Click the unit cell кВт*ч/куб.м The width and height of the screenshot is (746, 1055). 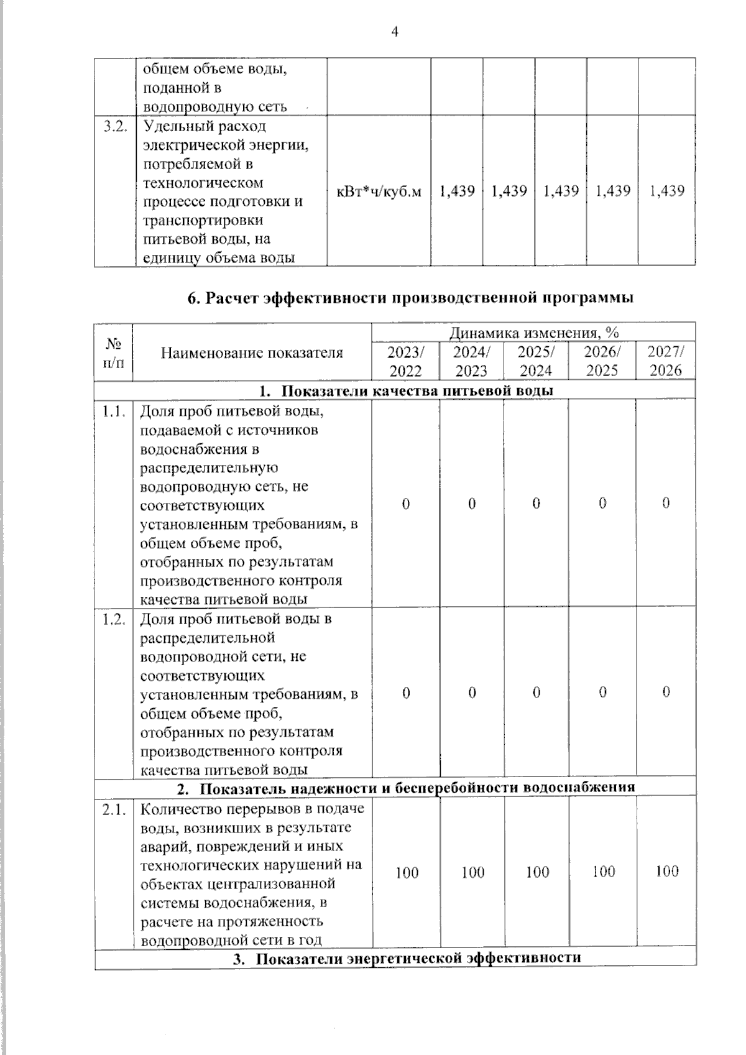click(379, 191)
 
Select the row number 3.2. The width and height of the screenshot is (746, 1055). click(114, 126)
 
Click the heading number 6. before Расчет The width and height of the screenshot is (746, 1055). click(193, 298)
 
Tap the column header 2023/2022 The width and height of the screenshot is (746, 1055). click(405, 361)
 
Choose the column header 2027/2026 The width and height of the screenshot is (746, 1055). click(665, 361)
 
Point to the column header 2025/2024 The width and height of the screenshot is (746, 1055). click(536, 361)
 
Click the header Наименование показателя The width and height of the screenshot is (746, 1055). click(252, 353)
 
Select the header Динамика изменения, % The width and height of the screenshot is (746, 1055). click(533, 333)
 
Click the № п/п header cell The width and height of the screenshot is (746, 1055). click(113, 352)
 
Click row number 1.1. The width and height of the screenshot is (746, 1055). click(114, 411)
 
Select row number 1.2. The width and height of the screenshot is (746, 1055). click(114, 619)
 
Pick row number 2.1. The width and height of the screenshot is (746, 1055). click(114, 810)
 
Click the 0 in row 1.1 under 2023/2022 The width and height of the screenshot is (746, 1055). click(405, 504)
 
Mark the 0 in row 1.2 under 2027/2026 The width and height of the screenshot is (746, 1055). click(665, 692)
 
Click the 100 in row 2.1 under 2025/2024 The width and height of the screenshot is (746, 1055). click(537, 872)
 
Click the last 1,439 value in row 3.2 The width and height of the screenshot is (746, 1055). click(666, 191)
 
